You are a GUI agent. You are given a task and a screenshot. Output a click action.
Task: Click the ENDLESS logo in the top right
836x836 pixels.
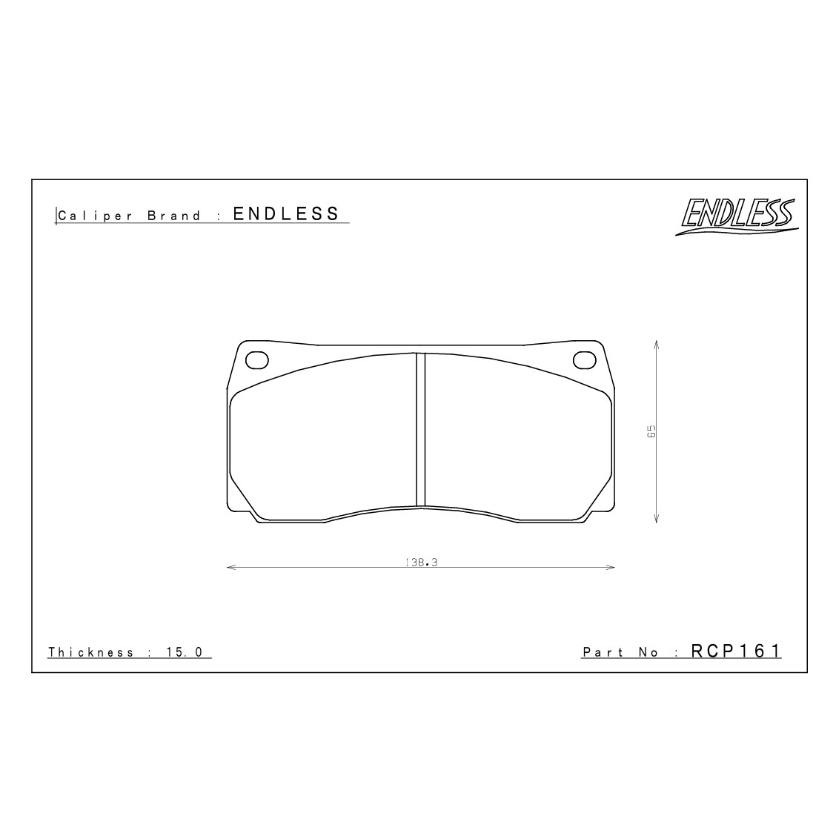coord(735,216)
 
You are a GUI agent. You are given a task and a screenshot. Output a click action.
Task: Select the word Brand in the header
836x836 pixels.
coord(174,216)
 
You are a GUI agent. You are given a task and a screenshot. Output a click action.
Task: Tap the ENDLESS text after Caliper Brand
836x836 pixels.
coord(286,214)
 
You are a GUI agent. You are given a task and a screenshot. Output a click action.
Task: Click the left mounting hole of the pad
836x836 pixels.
coord(256,359)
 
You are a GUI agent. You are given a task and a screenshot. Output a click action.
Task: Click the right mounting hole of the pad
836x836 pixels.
coord(584,359)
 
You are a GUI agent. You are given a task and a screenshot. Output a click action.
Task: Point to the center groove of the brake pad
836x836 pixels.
coord(420,430)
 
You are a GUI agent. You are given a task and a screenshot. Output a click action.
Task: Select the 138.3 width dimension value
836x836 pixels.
coord(422,563)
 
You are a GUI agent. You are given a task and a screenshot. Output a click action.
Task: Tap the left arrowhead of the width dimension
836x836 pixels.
coord(229,568)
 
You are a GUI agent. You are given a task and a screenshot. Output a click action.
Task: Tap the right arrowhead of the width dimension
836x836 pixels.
coord(611,568)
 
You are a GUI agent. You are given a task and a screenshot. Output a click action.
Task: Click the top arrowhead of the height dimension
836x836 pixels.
coord(657,344)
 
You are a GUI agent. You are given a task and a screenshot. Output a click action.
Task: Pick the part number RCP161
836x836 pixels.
coord(736,651)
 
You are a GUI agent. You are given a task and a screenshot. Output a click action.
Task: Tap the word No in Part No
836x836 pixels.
coord(647,652)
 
